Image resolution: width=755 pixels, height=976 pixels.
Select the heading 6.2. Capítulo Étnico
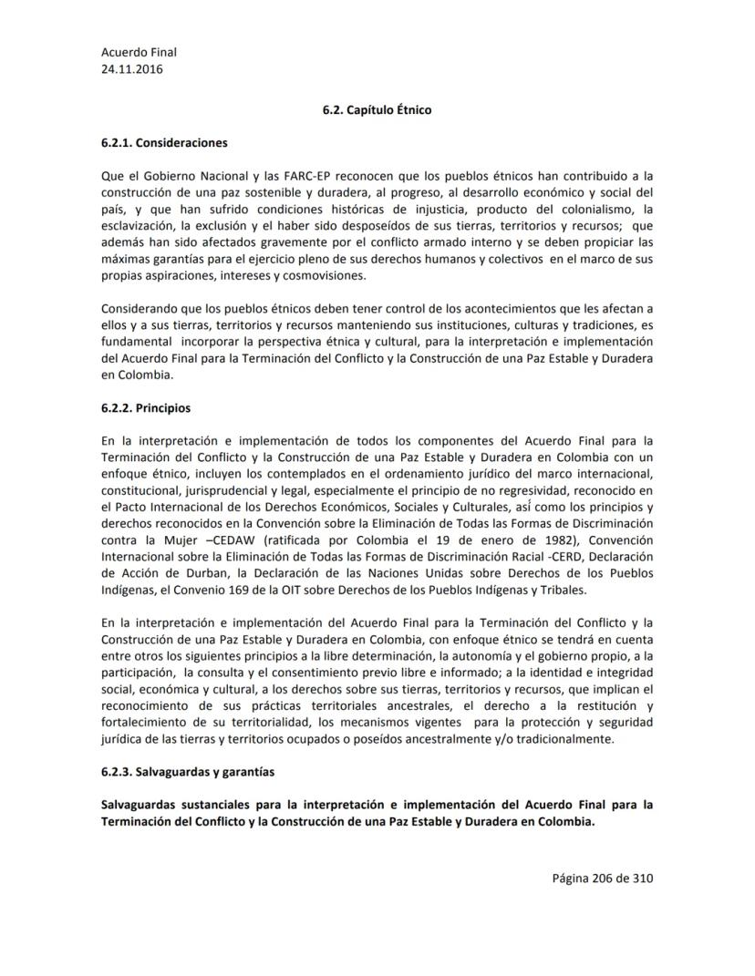coord(377,110)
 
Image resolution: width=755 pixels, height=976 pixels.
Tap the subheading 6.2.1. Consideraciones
coord(164,143)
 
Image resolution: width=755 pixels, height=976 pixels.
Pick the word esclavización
coord(139,226)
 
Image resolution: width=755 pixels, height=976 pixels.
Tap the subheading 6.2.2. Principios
coord(146,408)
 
